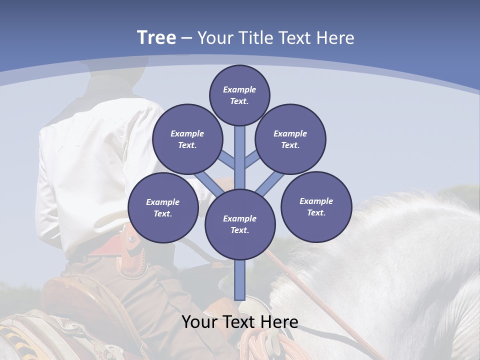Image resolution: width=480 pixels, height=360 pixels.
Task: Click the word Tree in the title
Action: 156,38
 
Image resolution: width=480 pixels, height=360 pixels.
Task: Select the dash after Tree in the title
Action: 186,38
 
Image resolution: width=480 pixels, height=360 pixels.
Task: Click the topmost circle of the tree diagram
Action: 239,95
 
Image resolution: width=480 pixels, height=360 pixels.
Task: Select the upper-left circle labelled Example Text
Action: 187,139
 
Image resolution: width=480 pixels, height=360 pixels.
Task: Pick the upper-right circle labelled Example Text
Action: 290,139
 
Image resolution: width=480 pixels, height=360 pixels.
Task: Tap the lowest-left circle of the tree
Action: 163,207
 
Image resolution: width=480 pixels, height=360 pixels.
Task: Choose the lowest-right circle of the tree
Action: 316,206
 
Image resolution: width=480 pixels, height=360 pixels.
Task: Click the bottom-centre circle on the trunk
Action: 239,224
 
